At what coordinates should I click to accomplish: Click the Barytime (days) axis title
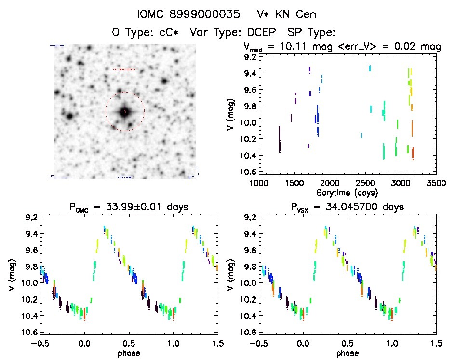pos(348,192)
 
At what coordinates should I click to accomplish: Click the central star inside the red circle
pos(124,112)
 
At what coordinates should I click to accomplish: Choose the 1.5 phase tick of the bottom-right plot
pos(436,343)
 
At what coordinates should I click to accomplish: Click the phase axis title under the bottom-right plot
pos(347,353)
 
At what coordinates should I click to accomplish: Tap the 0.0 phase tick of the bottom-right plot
pos(303,343)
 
